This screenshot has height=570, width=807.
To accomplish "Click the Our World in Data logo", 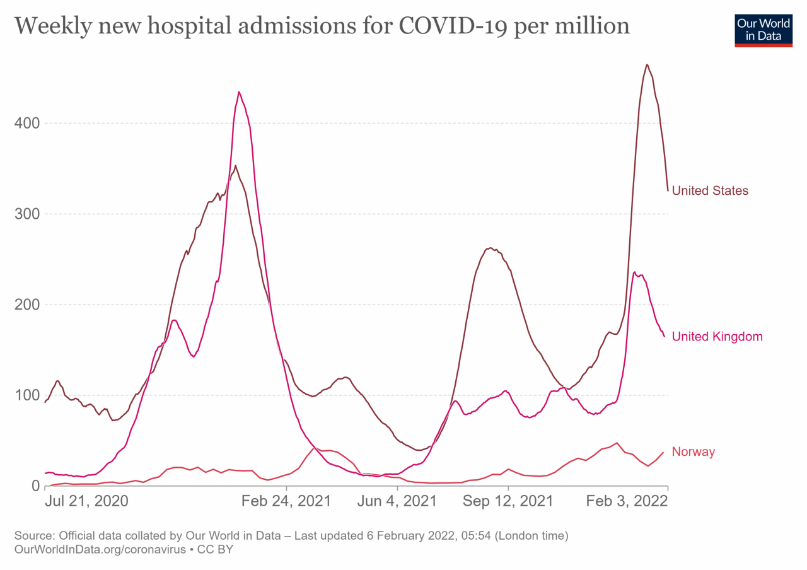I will tap(763, 28).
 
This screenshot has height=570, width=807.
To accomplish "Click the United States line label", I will tap(710, 190).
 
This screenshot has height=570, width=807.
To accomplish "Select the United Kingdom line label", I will tap(717, 337).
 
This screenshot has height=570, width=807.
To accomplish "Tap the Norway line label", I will tap(693, 451).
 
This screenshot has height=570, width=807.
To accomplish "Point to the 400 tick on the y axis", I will tap(26, 123).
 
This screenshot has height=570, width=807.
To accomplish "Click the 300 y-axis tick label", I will tap(26, 214).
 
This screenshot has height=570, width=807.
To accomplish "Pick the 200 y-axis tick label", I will tap(26, 305).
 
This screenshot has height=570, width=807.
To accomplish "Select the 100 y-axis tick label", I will tap(26, 395).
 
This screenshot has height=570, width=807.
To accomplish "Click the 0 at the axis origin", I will tap(35, 486).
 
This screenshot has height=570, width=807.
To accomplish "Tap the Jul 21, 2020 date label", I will tap(86, 501).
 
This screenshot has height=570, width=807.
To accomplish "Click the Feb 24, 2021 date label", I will tap(286, 501).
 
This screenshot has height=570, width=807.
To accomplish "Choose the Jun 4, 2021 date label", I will tap(397, 501).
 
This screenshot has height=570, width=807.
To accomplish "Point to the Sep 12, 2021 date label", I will tap(508, 501).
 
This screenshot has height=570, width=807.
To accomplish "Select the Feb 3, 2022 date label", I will tap(627, 501).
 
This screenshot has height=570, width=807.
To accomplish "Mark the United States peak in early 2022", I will tap(647, 64).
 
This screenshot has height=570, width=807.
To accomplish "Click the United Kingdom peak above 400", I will tap(239, 92).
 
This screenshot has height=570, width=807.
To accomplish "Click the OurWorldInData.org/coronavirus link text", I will tap(100, 549).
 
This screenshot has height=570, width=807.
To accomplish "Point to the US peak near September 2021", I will tap(491, 248).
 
